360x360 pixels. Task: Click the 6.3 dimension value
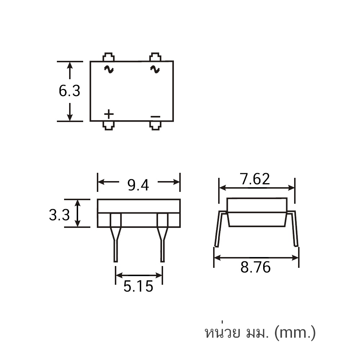click(x=69, y=91)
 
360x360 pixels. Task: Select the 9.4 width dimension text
click(x=138, y=185)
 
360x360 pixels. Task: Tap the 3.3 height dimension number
click(x=59, y=215)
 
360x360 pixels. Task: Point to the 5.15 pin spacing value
click(x=138, y=286)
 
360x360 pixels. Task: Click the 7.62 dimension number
click(x=255, y=179)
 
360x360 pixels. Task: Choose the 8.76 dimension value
click(x=256, y=267)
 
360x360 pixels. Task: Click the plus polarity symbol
click(x=109, y=114)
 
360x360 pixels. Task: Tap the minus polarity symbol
click(x=156, y=117)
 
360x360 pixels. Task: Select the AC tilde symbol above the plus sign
click(x=109, y=69)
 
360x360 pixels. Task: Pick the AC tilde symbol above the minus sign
click(x=155, y=69)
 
